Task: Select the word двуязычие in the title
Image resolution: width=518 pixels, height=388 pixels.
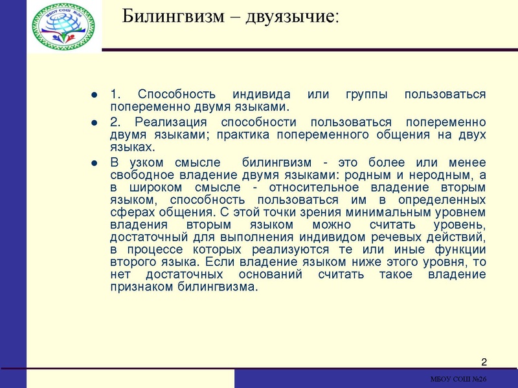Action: (x=291, y=16)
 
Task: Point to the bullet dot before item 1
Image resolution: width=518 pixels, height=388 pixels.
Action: (x=95, y=95)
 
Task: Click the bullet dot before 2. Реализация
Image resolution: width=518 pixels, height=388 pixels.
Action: (x=95, y=123)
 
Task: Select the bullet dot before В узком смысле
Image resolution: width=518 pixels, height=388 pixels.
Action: (x=95, y=162)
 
